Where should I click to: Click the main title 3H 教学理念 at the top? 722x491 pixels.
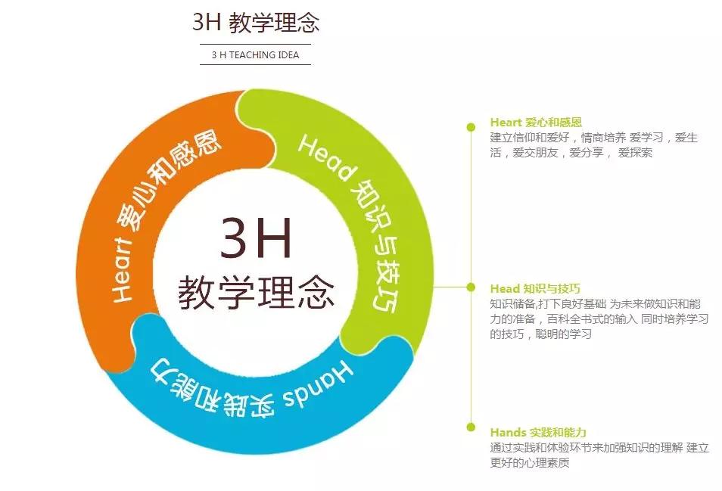[256, 22]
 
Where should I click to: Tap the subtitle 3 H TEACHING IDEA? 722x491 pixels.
[256, 54]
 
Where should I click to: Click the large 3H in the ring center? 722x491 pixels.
[256, 238]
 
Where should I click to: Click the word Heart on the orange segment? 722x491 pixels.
[122, 271]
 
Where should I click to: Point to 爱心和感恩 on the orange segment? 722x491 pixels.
[168, 179]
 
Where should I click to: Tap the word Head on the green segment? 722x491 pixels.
[327, 158]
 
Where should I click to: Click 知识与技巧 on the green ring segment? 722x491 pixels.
[378, 244]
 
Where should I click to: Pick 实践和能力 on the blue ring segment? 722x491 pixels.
[212, 390]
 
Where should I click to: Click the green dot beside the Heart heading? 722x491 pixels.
[471, 127]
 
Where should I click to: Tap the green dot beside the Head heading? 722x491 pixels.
[471, 287]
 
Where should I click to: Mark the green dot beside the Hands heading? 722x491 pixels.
[471, 427]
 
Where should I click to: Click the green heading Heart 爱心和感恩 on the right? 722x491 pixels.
[536, 123]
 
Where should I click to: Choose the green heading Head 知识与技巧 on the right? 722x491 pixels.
[535, 288]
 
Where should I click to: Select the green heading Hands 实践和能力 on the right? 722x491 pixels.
[538, 433]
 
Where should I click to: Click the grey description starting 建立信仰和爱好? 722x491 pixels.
[594, 145]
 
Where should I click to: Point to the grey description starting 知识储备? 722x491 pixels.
[599, 319]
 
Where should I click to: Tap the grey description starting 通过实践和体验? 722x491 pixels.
[599, 455]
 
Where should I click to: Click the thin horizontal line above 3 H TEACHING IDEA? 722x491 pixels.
[256, 44]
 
